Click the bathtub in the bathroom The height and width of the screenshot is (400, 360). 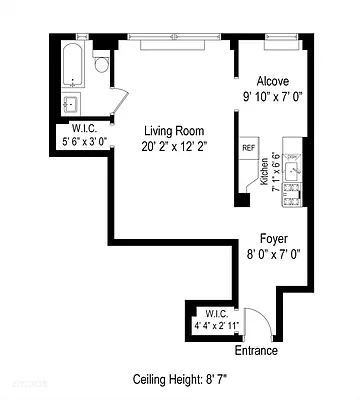[72, 66]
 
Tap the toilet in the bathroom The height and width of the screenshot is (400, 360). [101, 66]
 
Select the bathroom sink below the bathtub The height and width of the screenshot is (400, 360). [71, 104]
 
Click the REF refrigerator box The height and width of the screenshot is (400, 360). [249, 148]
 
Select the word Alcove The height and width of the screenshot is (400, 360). [272, 82]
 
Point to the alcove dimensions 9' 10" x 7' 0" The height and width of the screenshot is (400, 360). [272, 98]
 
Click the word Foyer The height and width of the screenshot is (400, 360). [273, 239]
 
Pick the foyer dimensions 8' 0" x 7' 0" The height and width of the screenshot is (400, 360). [273, 255]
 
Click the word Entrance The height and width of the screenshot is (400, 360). [257, 351]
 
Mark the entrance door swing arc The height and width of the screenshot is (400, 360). [254, 322]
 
